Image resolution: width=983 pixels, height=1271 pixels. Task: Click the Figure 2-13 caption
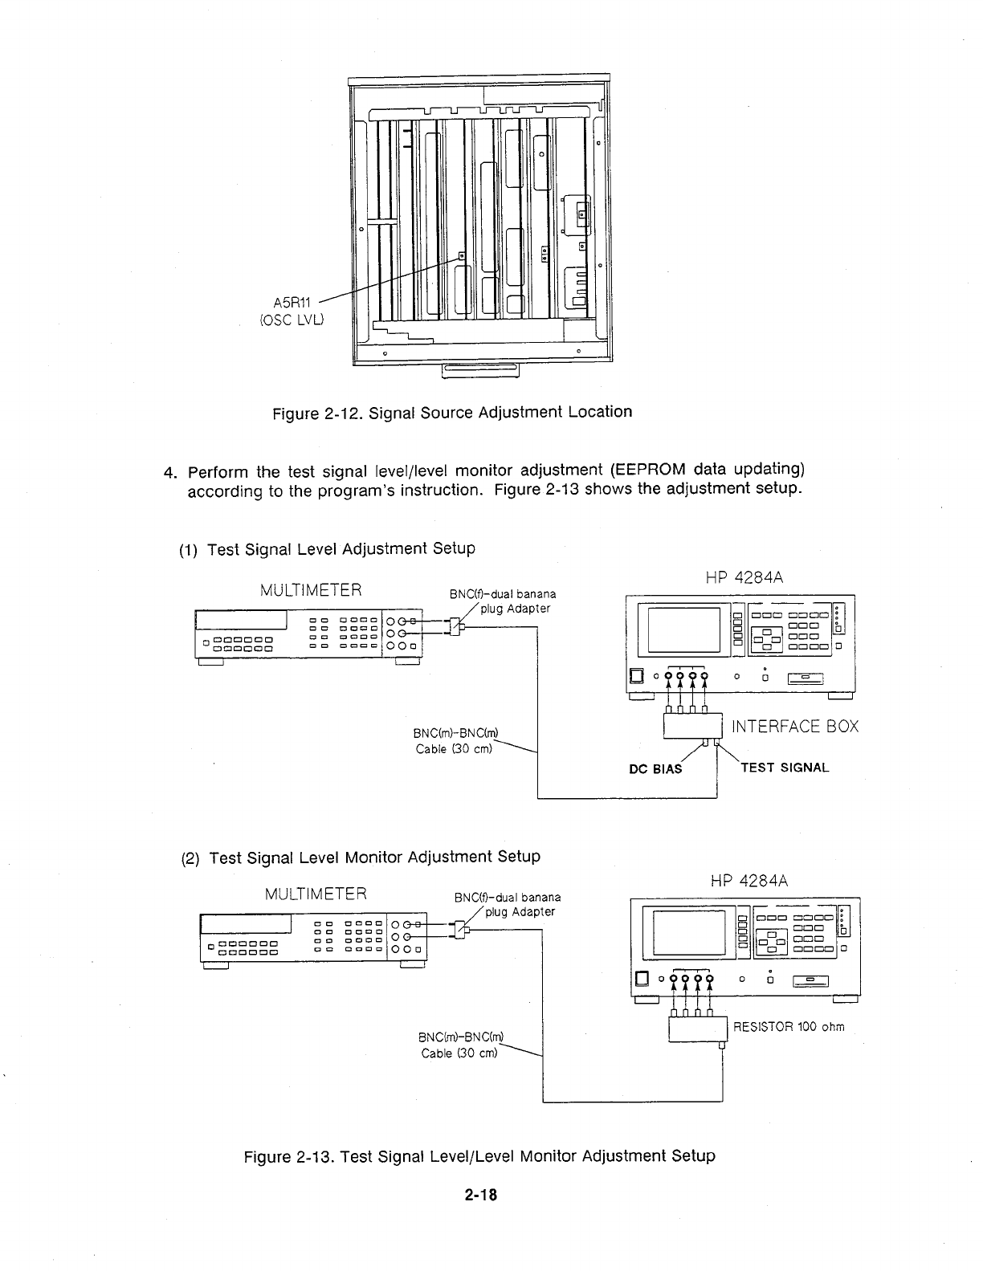click(479, 1156)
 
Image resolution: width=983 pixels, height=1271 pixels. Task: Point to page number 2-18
click(480, 1195)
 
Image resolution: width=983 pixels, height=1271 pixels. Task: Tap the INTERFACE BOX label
click(795, 727)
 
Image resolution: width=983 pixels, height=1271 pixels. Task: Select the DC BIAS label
click(655, 768)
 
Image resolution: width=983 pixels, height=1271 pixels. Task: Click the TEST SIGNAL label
click(785, 767)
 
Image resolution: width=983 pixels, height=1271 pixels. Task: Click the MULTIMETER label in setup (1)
click(311, 592)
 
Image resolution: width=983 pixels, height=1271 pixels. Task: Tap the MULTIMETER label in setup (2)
click(316, 894)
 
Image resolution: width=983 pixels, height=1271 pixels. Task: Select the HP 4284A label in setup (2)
click(749, 881)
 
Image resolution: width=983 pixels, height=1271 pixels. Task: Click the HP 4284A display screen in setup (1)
click(683, 629)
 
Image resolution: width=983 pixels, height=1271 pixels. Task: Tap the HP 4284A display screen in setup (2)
click(689, 931)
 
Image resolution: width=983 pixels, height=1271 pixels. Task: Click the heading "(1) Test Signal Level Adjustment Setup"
click(326, 549)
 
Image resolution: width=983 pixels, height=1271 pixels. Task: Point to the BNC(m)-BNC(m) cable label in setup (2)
click(461, 1045)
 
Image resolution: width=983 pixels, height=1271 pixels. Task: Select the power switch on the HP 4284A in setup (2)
click(641, 979)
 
